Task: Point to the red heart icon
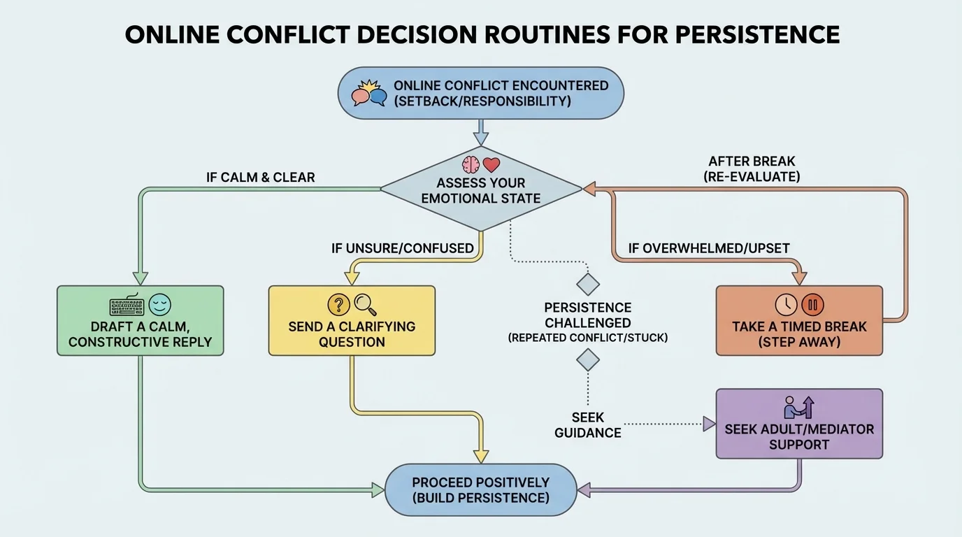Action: (x=492, y=165)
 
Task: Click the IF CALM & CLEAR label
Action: (x=260, y=177)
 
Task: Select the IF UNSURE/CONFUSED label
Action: (x=402, y=248)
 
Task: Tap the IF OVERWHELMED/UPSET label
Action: (x=709, y=248)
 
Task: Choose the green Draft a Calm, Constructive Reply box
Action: (x=140, y=321)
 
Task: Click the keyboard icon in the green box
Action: (x=126, y=306)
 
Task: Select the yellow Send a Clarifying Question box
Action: (x=352, y=321)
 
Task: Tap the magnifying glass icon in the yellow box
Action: (x=364, y=304)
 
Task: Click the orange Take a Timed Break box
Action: (x=799, y=321)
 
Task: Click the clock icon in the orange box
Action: (x=786, y=305)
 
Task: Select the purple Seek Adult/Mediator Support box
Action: (x=799, y=424)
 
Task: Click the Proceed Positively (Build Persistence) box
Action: (x=481, y=490)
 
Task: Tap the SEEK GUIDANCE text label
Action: (x=587, y=425)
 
